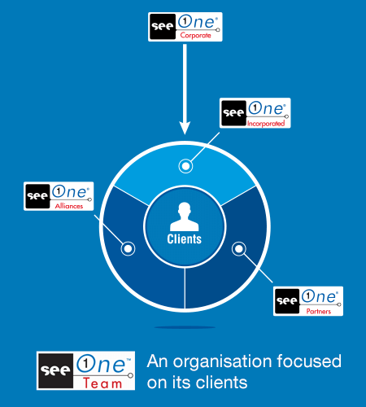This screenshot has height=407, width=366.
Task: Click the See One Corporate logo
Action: (185, 27)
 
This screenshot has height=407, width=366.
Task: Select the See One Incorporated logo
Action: (255, 113)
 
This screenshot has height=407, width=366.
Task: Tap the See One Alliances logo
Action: (59, 196)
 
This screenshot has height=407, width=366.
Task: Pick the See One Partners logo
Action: (308, 301)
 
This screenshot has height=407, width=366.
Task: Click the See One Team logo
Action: (85, 370)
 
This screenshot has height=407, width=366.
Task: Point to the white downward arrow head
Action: (185, 128)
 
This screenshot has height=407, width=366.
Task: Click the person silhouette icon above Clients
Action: (185, 217)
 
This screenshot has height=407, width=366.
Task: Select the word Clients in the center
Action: (185, 239)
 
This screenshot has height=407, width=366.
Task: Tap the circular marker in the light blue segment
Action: (185, 166)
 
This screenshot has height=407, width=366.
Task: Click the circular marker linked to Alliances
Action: (128, 248)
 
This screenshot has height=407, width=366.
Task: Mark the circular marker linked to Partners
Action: (239, 248)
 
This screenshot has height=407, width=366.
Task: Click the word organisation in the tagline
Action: (222, 361)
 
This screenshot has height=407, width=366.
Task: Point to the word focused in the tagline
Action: (309, 361)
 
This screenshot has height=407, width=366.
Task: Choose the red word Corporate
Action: (195, 35)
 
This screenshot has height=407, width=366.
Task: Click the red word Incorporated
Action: (266, 124)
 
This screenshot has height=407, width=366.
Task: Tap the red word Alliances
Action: (69, 206)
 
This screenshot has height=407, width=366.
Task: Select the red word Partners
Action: (319, 311)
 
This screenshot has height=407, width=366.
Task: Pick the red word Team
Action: (102, 383)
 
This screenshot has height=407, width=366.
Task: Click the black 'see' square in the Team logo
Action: (56, 370)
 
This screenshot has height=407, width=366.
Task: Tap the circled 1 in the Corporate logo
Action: (185, 21)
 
